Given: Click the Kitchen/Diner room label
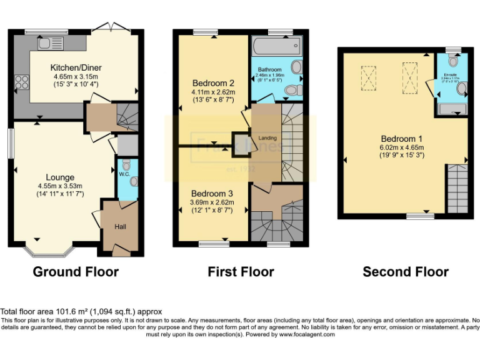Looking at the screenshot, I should [76, 67].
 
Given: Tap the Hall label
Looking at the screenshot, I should [120, 226].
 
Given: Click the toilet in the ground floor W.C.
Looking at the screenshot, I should [126, 166].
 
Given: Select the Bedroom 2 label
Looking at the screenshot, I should [213, 82].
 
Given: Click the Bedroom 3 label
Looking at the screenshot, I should [212, 193].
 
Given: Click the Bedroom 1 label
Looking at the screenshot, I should [403, 139].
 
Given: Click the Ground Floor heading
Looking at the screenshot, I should [75, 272].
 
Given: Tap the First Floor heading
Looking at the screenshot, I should [241, 272].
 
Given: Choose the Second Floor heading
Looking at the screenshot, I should [406, 272].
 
